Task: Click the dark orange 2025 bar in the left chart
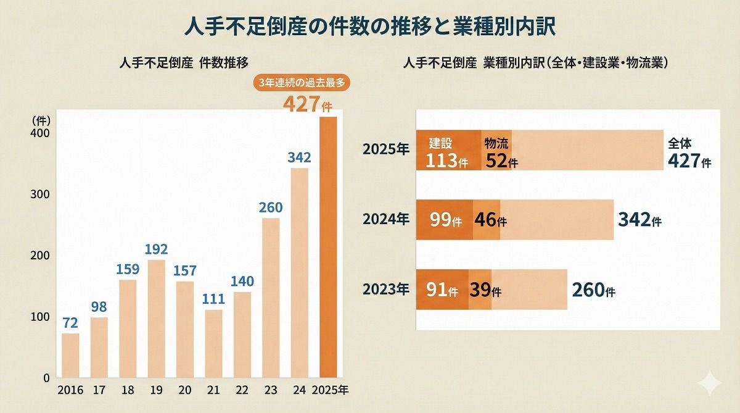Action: pyautogui.click(x=328, y=247)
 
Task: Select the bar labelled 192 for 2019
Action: pyautogui.click(x=157, y=319)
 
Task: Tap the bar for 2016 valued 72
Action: pyautogui.click(x=70, y=356)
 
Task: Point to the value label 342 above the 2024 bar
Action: pyautogui.click(x=299, y=157)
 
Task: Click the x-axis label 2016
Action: pyautogui.click(x=70, y=390)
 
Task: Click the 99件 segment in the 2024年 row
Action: pyautogui.click(x=445, y=220)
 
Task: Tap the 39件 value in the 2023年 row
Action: pyautogui.click(x=485, y=289)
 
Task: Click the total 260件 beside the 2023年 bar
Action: pyautogui.click(x=593, y=289)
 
